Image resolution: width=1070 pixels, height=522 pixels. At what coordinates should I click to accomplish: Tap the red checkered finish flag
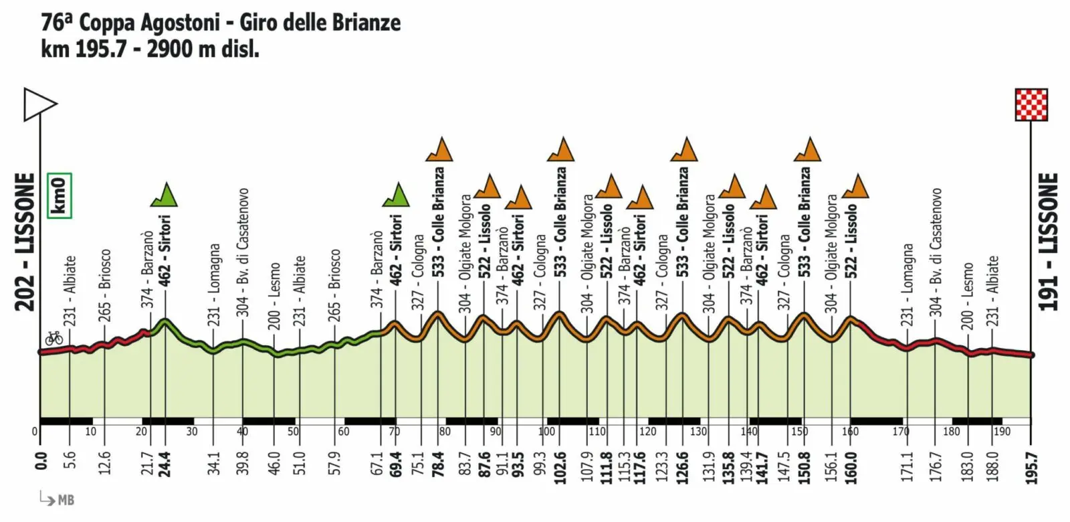click(x=1031, y=104)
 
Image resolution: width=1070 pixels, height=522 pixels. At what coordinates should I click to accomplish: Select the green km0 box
click(x=60, y=195)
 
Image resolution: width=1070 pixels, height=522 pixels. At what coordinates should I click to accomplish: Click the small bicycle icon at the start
click(x=53, y=338)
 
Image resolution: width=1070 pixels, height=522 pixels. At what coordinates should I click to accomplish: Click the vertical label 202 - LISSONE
click(x=25, y=242)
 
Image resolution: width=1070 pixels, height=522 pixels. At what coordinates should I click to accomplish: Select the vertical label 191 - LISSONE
click(x=1048, y=242)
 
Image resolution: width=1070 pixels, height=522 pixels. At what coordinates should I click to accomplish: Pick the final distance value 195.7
click(x=1032, y=462)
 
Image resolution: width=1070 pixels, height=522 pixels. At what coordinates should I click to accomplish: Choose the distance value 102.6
click(x=560, y=461)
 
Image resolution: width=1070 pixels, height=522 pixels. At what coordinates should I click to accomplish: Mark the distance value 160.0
click(x=851, y=461)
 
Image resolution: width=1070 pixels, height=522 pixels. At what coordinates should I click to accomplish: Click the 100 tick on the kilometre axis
click(x=546, y=432)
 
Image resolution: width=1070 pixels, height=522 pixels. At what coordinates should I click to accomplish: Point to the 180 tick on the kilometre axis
click(x=951, y=432)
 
